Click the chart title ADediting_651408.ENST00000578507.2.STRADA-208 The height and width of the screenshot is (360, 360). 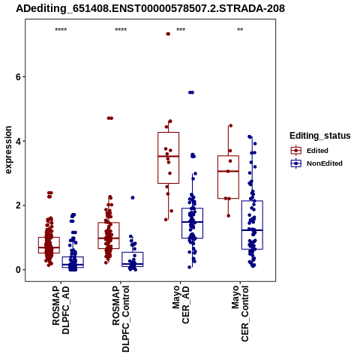(x=150, y=9)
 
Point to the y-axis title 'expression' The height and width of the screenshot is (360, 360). (x=8, y=150)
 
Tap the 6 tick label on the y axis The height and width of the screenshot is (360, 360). (x=18, y=77)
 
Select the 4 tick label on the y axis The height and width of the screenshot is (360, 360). (x=18, y=141)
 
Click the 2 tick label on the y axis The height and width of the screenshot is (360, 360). (x=18, y=205)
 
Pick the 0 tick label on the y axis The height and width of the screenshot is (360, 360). (x=18, y=270)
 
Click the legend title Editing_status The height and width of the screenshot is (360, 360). (x=320, y=136)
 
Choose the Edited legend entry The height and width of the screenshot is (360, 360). (x=309, y=151)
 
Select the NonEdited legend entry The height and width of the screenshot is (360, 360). (x=316, y=163)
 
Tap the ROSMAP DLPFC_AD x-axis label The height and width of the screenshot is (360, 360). (x=61, y=310)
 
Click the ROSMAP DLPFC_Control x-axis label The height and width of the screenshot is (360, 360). (x=121, y=319)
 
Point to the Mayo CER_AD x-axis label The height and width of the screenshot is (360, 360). (x=181, y=304)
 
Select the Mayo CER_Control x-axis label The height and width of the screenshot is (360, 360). (x=240, y=313)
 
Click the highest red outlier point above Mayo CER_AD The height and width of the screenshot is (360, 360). (x=168, y=34)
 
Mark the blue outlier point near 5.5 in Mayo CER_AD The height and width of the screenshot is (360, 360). (x=191, y=92)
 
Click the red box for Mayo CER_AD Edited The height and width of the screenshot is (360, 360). (x=168, y=157)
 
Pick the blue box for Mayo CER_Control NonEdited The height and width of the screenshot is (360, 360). (x=252, y=225)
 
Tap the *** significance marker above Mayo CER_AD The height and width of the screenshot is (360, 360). (x=181, y=30)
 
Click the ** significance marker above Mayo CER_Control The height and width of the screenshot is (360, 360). (x=240, y=30)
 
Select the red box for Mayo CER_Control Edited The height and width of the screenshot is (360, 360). (x=228, y=177)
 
